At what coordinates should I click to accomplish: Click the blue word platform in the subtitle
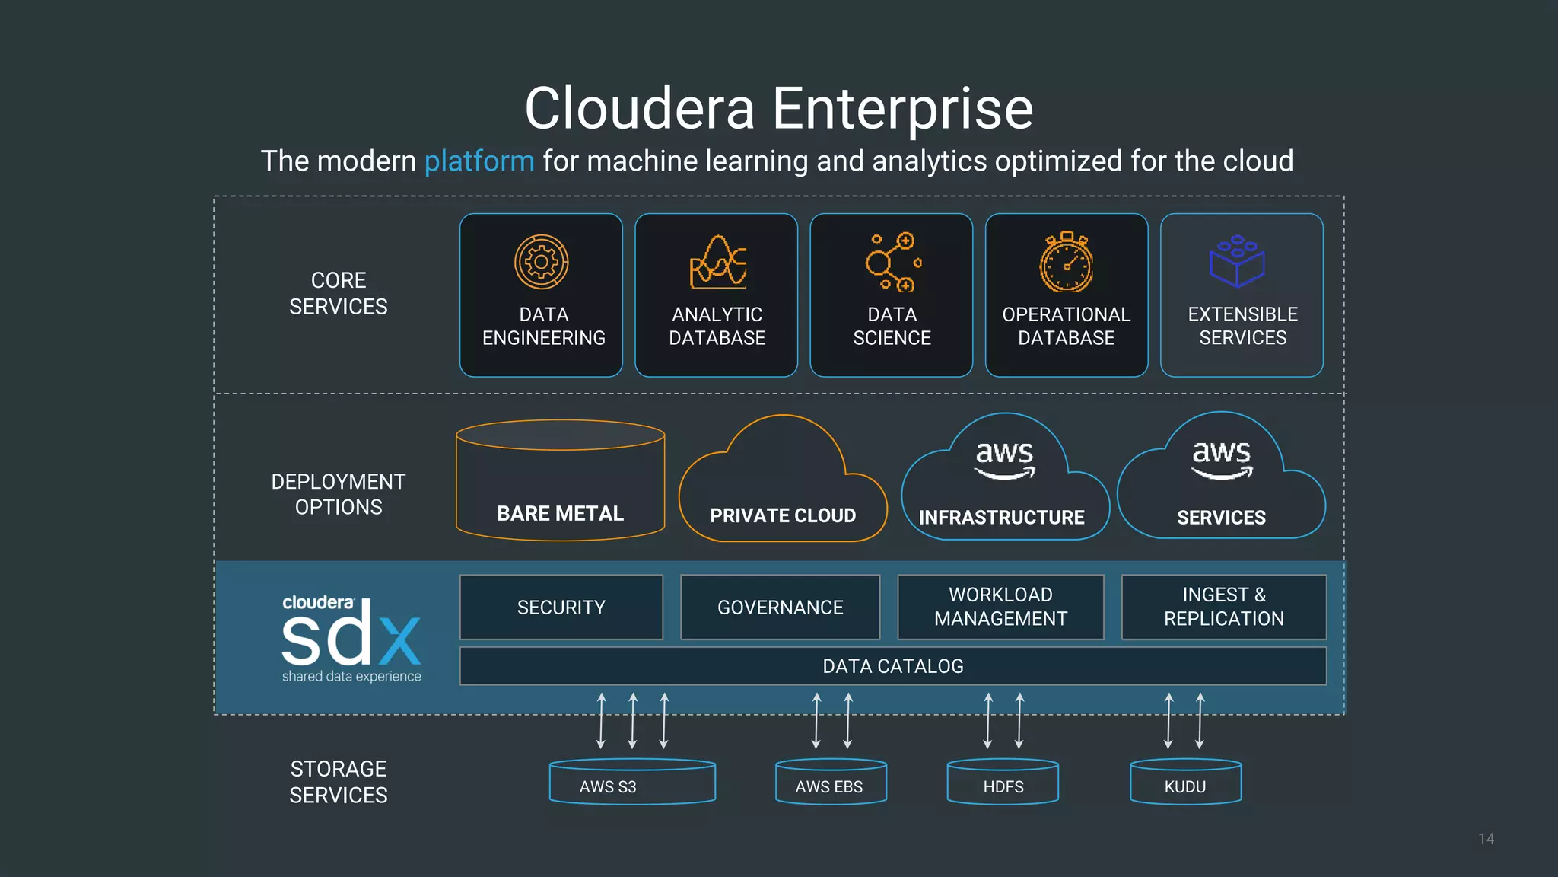click(x=479, y=161)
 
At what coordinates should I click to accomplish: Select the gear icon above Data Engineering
click(x=541, y=262)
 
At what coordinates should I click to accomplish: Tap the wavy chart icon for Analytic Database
click(x=717, y=263)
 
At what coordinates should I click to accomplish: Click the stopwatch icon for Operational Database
click(x=1067, y=263)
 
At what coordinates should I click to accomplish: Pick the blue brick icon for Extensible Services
click(x=1237, y=261)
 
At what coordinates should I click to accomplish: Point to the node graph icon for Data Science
click(x=893, y=263)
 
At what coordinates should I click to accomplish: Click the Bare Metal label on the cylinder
click(x=560, y=514)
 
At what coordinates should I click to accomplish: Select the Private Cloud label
click(x=783, y=515)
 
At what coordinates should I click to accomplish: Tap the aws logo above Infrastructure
click(x=1005, y=459)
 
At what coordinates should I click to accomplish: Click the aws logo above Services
click(x=1221, y=459)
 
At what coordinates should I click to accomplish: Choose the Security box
click(x=561, y=608)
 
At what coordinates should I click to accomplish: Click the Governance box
click(x=781, y=608)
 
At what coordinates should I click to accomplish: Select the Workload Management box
click(x=1000, y=608)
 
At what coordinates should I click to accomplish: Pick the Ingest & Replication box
click(x=1223, y=608)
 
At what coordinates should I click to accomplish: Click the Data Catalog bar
click(x=893, y=666)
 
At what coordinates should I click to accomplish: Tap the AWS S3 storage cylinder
click(x=632, y=783)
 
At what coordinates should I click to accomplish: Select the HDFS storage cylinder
click(x=1003, y=783)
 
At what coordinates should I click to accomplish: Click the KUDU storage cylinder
click(x=1185, y=783)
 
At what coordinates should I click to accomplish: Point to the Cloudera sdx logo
click(x=351, y=638)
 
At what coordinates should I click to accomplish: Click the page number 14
click(x=1486, y=838)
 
